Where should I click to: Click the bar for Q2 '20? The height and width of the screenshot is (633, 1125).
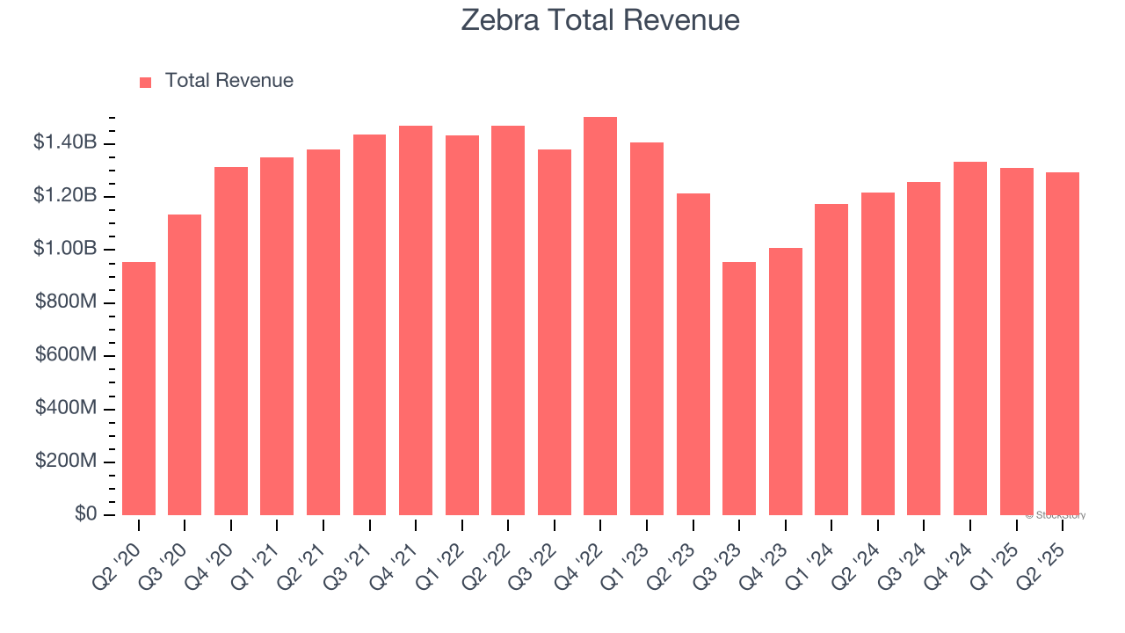point(139,389)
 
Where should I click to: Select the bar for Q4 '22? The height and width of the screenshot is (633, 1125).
point(600,316)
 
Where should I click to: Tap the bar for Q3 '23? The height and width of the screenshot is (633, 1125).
point(739,389)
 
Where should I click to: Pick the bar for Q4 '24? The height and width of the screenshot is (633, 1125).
point(970,338)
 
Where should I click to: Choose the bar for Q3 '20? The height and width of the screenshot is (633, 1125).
point(185,365)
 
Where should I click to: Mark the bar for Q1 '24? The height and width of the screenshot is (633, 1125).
point(831,360)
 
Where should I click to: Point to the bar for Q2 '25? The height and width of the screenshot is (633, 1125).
point(1063,344)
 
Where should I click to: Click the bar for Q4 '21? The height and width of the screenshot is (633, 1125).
point(416,321)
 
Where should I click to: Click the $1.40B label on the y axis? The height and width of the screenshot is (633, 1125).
point(65,142)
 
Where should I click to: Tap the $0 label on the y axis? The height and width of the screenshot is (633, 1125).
point(85,514)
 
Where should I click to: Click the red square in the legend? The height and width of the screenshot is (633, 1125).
point(146,82)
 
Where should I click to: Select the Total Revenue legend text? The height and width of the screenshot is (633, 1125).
point(229,81)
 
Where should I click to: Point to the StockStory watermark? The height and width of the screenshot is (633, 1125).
point(1056,515)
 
